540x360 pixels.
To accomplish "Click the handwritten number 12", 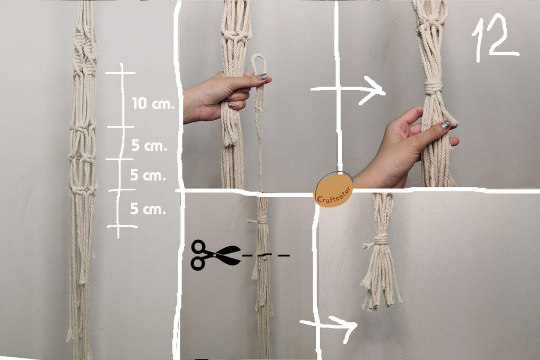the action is (x=495, y=38).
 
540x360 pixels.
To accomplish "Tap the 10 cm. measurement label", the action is (x=153, y=103).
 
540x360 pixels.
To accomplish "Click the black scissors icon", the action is (x=216, y=255).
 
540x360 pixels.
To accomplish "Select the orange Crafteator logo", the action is (x=334, y=189).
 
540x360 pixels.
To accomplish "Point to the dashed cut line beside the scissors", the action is (x=266, y=255).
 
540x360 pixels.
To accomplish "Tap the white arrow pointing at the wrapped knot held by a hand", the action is (x=348, y=90).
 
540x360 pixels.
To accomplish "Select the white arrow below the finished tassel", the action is (x=329, y=327).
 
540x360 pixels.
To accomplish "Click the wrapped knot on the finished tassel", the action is (x=381, y=239).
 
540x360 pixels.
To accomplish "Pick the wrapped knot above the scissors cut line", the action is (x=263, y=220).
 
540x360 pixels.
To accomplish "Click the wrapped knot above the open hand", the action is (x=433, y=88).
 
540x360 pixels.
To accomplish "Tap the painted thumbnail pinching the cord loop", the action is (x=263, y=77).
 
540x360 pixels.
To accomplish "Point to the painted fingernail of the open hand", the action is (x=446, y=124).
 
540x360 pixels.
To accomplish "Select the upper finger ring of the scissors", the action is (x=199, y=247).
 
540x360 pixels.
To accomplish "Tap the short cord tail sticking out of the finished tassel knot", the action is (x=368, y=246).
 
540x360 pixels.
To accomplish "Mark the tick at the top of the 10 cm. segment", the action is (x=120, y=73).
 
